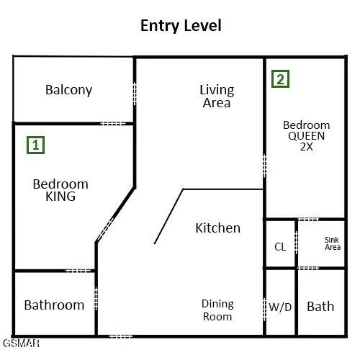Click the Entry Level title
point(181,26)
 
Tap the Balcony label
point(69,90)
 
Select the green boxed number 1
point(35,145)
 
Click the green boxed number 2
point(280,78)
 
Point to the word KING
point(60,197)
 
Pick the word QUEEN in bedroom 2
point(307,136)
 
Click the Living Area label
point(217,96)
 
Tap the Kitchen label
point(217,228)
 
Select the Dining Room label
point(217,310)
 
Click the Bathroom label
point(54,305)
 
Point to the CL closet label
point(280,247)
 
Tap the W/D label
point(280,307)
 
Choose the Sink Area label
point(333,243)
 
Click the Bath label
point(320,307)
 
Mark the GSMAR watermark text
point(22,343)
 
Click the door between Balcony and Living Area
point(135,94)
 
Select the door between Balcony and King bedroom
point(113,124)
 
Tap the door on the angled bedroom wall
point(106,229)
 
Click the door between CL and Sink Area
point(297,242)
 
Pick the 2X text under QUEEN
point(307,147)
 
